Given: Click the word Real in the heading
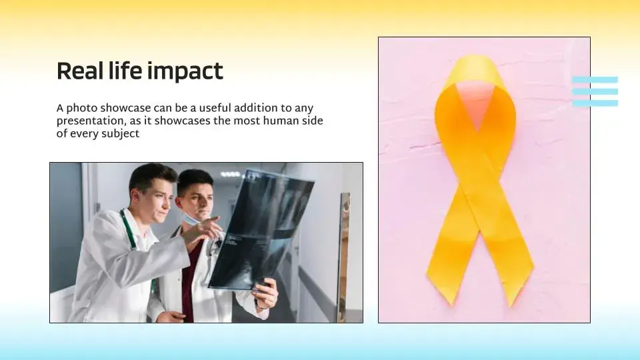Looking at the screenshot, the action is coord(79,71).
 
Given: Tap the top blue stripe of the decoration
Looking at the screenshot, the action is coord(595,79).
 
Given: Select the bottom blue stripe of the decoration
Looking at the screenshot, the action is coord(595,103).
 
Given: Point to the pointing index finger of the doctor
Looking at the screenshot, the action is coord(214,221).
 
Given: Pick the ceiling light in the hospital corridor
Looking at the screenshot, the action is coord(230,174).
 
